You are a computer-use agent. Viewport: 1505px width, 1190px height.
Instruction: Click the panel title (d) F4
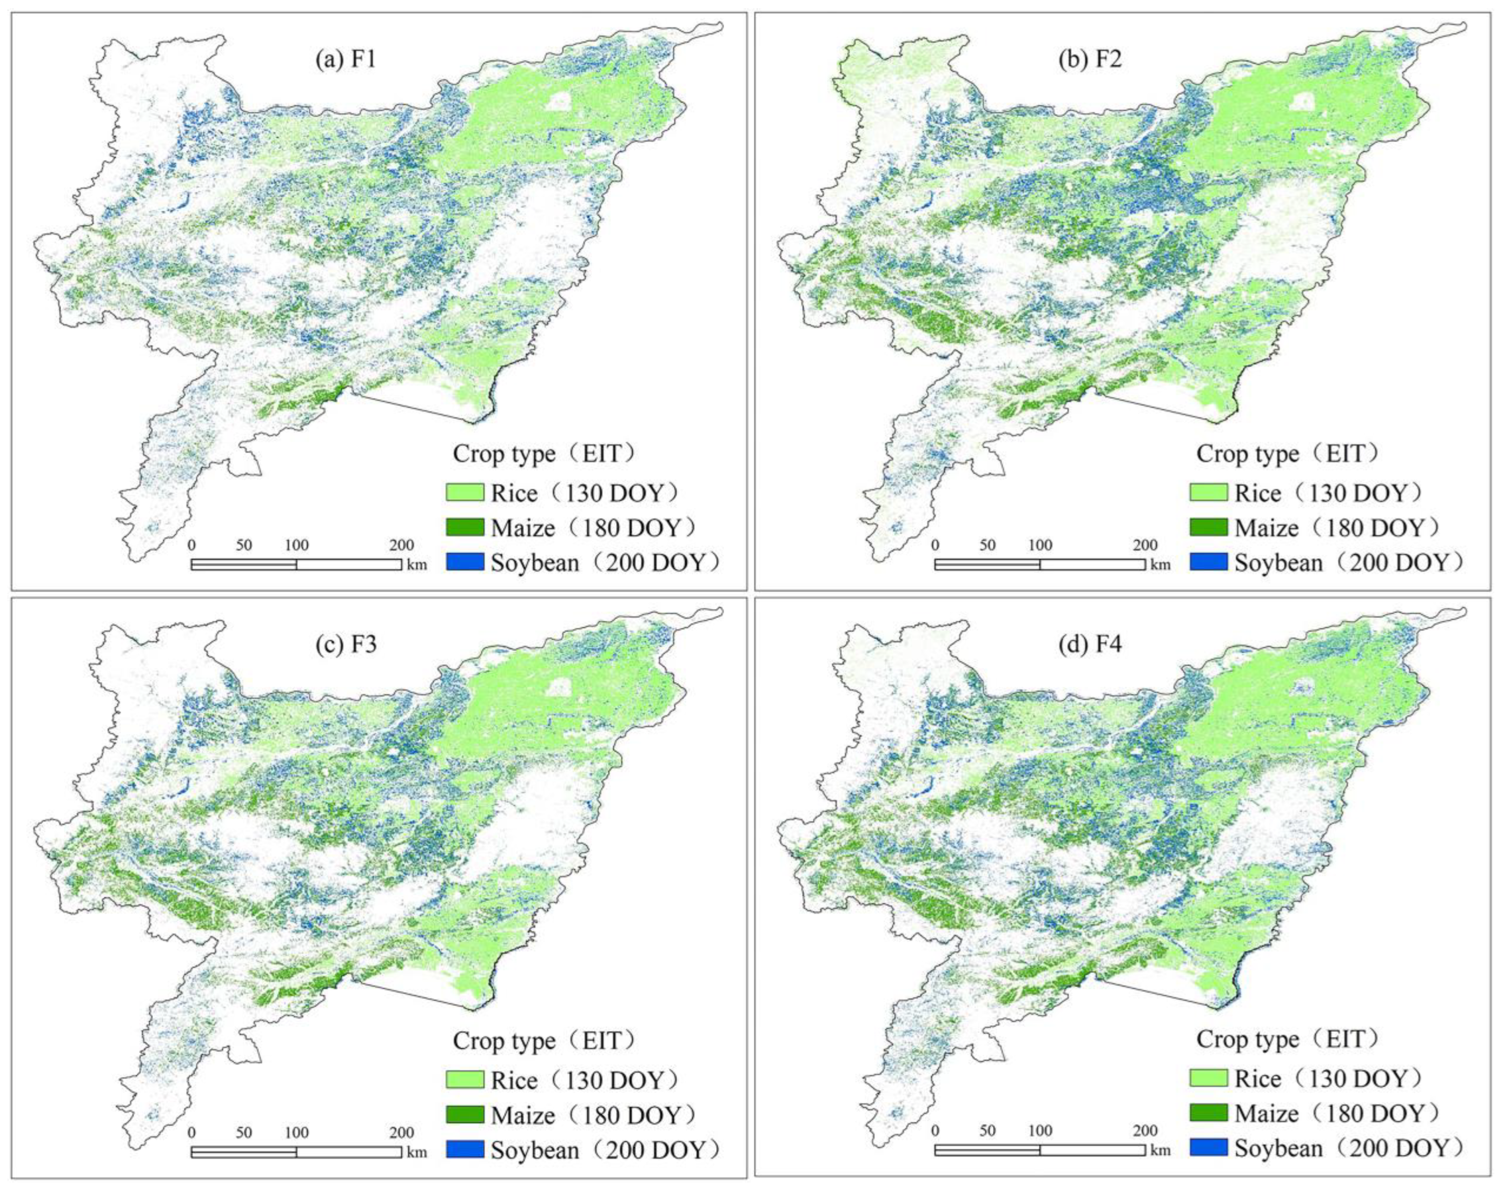[1089, 645]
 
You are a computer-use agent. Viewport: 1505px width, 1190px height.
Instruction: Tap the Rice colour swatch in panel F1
[465, 492]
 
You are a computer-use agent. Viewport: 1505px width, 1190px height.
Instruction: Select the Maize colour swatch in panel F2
[1208, 527]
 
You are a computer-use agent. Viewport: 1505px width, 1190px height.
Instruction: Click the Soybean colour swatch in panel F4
[1208, 1147]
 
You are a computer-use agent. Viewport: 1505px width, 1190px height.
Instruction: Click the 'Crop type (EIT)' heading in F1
[544, 454]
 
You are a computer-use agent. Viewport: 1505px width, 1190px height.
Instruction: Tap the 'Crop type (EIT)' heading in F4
[1288, 1039]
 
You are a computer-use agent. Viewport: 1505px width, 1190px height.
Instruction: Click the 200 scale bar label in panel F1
[401, 545]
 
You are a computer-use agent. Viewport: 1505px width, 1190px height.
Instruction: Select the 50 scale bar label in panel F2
[987, 545]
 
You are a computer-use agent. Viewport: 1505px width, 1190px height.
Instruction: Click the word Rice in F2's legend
[1258, 493]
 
